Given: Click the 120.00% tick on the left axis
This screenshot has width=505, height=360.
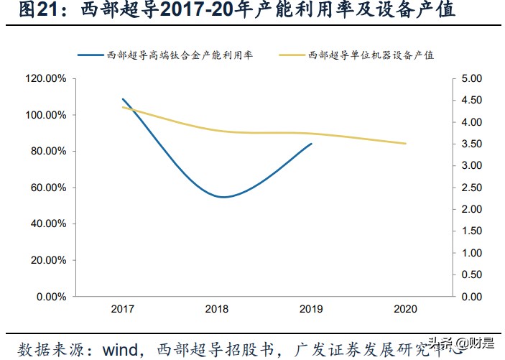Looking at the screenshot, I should click(47, 78).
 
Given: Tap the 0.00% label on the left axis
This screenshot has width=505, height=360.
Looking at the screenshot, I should click(51, 296).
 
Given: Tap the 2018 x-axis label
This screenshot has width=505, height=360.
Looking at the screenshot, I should click(217, 309).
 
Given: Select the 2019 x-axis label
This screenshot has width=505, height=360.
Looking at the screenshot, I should click(312, 309).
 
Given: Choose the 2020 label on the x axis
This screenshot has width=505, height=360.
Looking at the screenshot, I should click(406, 309).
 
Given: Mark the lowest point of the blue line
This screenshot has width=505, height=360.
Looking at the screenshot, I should click(223, 197).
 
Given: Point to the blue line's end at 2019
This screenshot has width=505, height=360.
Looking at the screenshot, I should click(312, 144).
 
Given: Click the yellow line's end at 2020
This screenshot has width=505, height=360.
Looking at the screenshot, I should click(406, 144).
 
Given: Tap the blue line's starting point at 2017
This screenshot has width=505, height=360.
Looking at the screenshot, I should click(122, 99).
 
